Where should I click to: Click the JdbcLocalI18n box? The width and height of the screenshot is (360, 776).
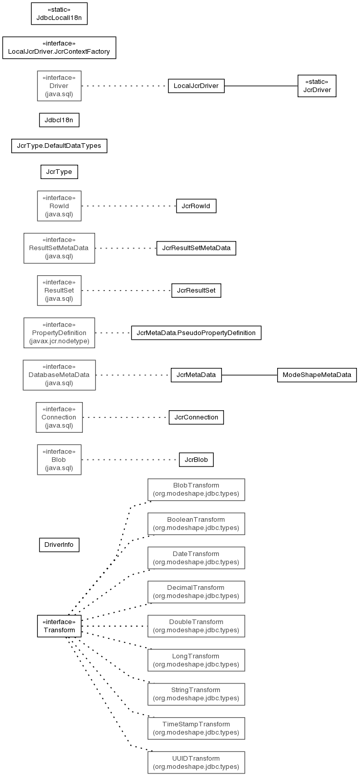[59, 14]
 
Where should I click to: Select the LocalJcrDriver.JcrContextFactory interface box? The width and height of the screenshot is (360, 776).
[59, 48]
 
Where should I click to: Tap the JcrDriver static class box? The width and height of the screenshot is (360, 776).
[317, 86]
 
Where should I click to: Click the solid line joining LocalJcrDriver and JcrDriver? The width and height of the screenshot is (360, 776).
[261, 86]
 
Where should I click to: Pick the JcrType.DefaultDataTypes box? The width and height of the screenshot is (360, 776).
[59, 146]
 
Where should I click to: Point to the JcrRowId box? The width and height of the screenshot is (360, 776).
[196, 206]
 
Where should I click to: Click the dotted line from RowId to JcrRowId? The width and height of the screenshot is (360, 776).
[129, 206]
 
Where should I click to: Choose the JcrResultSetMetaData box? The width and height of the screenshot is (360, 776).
[196, 248]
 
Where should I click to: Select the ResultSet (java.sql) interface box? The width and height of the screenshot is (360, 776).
[59, 291]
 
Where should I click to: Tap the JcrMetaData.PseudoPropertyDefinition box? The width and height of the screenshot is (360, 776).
[196, 333]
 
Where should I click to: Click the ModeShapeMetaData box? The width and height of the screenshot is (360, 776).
[317, 375]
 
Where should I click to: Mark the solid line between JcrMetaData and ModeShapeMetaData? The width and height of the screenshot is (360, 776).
[249, 375]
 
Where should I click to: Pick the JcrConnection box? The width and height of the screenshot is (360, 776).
[196, 417]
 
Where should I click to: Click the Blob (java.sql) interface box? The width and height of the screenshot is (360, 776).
[59, 460]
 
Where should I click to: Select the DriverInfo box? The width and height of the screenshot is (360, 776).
[59, 545]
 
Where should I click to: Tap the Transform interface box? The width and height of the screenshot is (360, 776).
[59, 626]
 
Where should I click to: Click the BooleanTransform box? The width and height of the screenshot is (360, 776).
[196, 524]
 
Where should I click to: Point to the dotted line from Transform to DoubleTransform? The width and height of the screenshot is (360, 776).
[115, 626]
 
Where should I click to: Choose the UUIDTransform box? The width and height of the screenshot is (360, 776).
[196, 763]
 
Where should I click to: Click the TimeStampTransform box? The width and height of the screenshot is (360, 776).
[196, 728]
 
